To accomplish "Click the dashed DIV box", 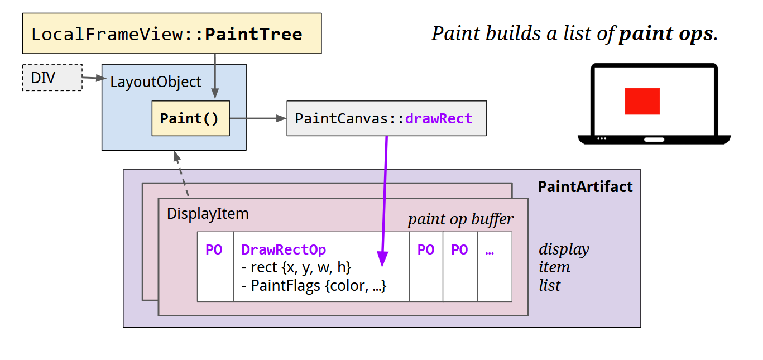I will point(52,78).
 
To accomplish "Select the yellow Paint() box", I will point(190,118).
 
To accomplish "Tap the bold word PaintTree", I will point(253,34).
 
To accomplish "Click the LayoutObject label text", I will point(155,82).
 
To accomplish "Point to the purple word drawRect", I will point(439,118).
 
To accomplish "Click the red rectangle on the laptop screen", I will point(642,101).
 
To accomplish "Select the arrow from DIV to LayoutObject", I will point(93,79).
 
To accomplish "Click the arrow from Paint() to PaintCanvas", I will point(257,118).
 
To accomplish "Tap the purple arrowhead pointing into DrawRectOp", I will point(382,258).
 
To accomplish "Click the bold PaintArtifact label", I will point(585,186).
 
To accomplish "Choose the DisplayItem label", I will point(208,214).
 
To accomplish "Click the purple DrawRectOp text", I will point(284,249).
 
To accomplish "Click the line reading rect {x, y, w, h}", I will point(296,267).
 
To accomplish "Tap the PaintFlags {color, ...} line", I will point(314,286).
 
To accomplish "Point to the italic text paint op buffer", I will point(460,219).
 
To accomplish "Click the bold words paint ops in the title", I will point(666,33).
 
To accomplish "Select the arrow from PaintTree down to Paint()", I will point(215,76).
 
